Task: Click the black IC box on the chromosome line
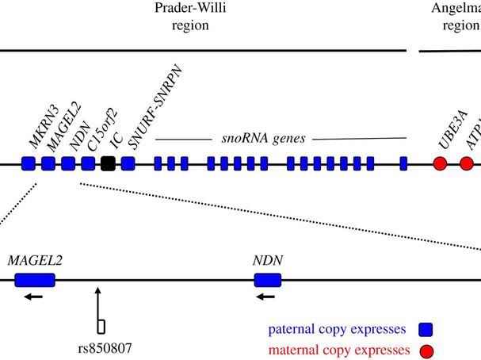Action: (109, 164)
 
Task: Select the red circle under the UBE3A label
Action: (441, 164)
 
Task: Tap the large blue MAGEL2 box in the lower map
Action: (35, 279)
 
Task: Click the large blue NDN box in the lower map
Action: (267, 279)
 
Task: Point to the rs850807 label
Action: (104, 347)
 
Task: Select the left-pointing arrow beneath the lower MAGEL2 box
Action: (32, 297)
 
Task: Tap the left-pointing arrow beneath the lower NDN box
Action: (265, 297)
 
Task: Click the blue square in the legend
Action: (425, 329)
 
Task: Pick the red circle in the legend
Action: (425, 350)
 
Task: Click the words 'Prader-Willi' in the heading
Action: (191, 8)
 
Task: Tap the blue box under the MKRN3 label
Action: (29, 164)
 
